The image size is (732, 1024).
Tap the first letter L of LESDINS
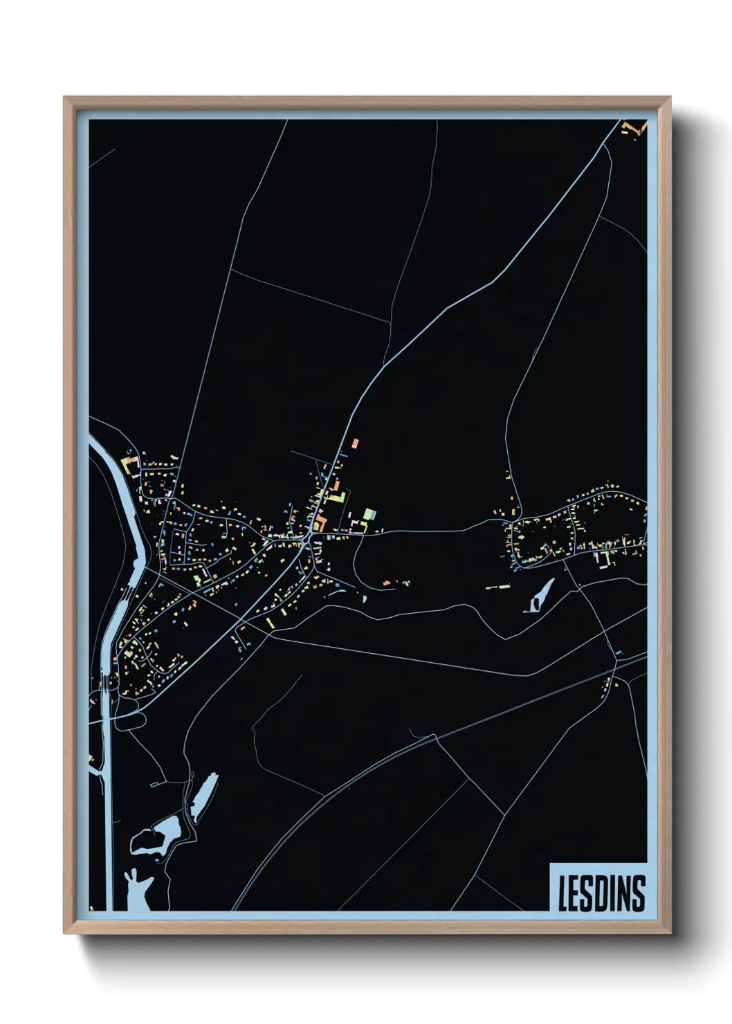[x=563, y=893]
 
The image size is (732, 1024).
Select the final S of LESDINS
[x=639, y=893]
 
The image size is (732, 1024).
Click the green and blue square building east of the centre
[x=369, y=515]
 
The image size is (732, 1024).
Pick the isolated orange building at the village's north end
[x=356, y=443]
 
